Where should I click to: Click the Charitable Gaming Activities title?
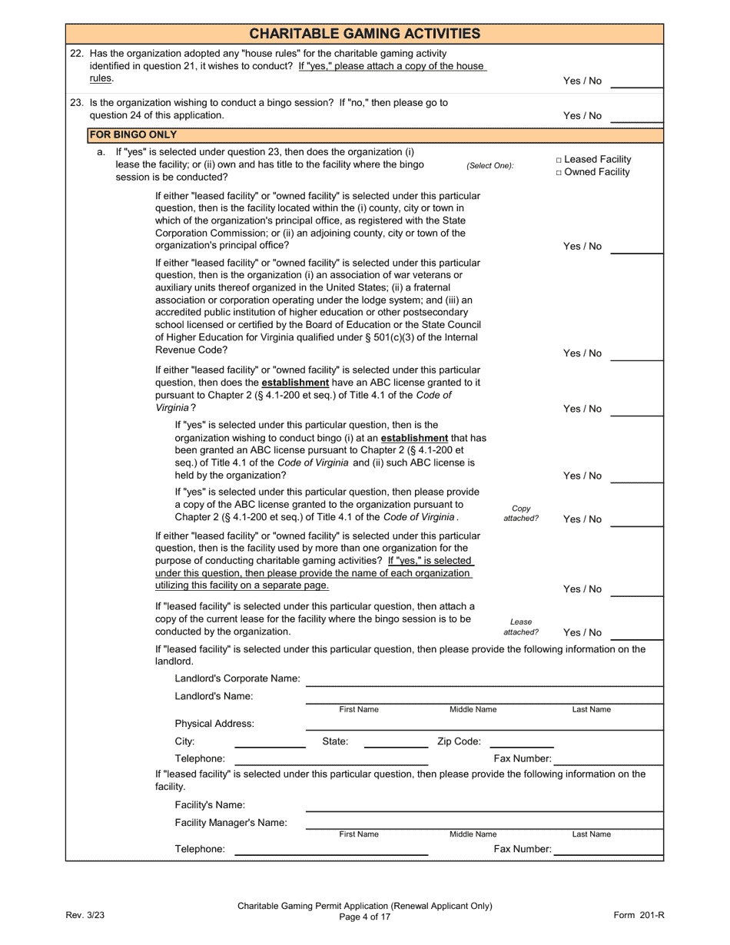click(364, 33)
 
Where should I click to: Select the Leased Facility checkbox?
click(559, 160)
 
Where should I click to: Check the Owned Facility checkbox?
click(559, 173)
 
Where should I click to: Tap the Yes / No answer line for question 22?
click(636, 82)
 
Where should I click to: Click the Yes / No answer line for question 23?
click(636, 117)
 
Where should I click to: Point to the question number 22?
click(76, 54)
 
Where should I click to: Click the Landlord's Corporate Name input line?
click(483, 679)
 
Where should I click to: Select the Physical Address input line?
click(483, 724)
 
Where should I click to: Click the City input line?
click(270, 742)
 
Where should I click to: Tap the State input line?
click(396, 742)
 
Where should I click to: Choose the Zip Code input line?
click(521, 742)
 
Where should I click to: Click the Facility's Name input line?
click(483, 805)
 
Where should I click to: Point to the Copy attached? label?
click(521, 513)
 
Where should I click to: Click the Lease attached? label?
click(521, 627)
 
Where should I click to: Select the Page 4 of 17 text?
click(365, 917)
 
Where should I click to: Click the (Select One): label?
click(489, 166)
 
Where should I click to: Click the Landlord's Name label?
click(214, 696)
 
